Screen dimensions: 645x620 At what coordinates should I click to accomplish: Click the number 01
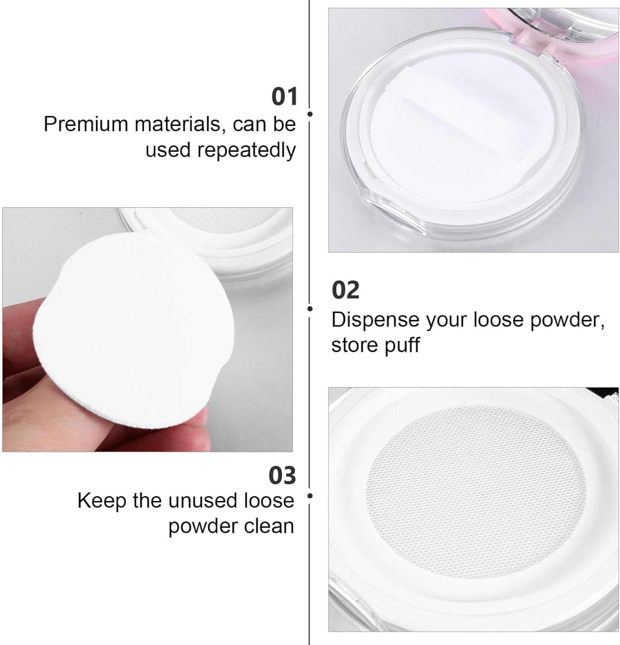(x=284, y=96)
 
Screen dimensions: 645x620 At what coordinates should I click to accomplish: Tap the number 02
(x=345, y=290)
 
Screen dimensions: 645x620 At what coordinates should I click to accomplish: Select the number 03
(x=282, y=476)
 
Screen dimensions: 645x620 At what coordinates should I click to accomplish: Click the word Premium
(x=86, y=125)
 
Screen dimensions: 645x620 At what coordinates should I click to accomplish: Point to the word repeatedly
(x=246, y=151)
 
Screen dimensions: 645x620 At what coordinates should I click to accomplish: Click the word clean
(x=269, y=526)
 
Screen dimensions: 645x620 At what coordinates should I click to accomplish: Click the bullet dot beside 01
(x=310, y=114)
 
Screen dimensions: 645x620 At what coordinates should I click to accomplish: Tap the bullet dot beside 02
(x=310, y=309)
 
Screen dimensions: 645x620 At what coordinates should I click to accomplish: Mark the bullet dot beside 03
(x=310, y=496)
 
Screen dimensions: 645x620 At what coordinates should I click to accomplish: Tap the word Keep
(x=101, y=501)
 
